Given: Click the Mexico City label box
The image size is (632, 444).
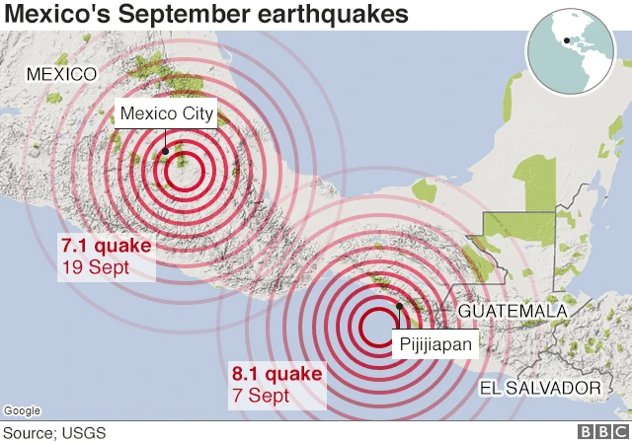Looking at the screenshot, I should [165, 113].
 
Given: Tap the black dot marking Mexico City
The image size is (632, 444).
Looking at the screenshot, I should [166, 151].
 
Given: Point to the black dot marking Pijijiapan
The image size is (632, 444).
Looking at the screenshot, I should [399, 306].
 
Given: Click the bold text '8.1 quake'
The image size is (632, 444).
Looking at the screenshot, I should [276, 375].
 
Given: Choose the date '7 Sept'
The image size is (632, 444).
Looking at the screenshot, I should [261, 396].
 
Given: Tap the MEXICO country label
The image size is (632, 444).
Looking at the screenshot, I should [61, 74].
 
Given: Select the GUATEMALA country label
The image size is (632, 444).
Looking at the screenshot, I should [513, 312].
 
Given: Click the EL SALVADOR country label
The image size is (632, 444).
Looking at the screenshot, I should [539, 388].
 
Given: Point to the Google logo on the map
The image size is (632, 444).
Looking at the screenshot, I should [22, 410].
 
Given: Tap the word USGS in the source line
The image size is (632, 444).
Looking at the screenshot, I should [85, 432].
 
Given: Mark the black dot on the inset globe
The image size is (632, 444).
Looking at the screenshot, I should [563, 41].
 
